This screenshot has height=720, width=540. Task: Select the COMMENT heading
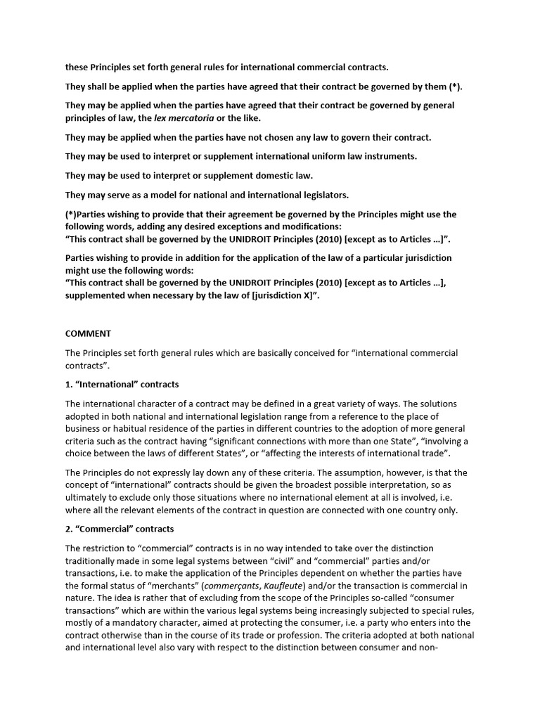(x=88, y=333)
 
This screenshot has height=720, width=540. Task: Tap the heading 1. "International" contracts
(x=122, y=385)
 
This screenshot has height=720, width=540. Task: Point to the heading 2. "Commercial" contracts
(x=120, y=529)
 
